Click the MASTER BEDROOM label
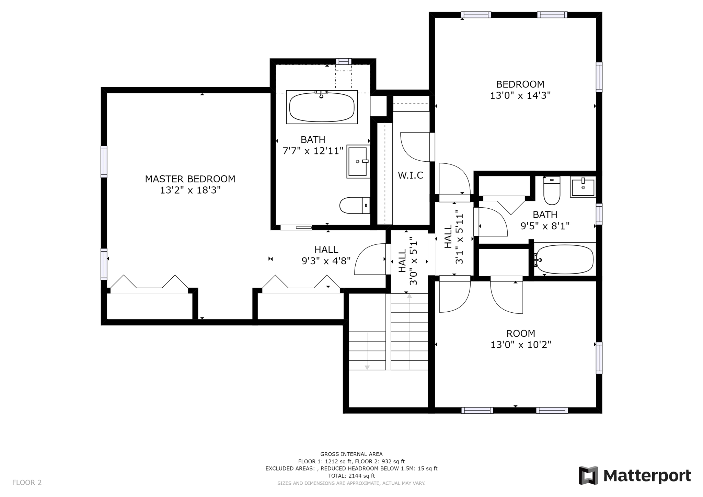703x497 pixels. click(x=190, y=179)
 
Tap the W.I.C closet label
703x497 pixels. click(x=411, y=175)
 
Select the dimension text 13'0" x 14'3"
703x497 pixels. click(x=520, y=95)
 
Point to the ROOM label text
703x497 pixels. click(x=521, y=333)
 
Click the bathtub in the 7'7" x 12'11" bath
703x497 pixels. click(x=322, y=107)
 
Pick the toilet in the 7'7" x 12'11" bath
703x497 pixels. click(x=355, y=205)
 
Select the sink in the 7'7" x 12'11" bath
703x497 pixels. click(x=358, y=161)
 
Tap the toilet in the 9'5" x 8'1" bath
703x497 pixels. click(x=552, y=190)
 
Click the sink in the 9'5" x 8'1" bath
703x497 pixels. click(x=583, y=187)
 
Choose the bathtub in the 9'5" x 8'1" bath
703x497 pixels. click(x=565, y=259)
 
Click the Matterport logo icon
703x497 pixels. click(x=588, y=475)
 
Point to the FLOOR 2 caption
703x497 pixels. click(x=27, y=483)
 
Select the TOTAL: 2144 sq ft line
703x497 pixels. click(x=351, y=476)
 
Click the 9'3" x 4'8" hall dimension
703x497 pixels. click(x=326, y=261)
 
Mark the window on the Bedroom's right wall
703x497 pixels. click(x=599, y=77)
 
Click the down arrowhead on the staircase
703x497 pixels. click(x=367, y=367)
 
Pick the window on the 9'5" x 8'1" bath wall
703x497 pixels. click(x=599, y=214)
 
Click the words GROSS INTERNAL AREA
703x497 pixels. click(x=351, y=454)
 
